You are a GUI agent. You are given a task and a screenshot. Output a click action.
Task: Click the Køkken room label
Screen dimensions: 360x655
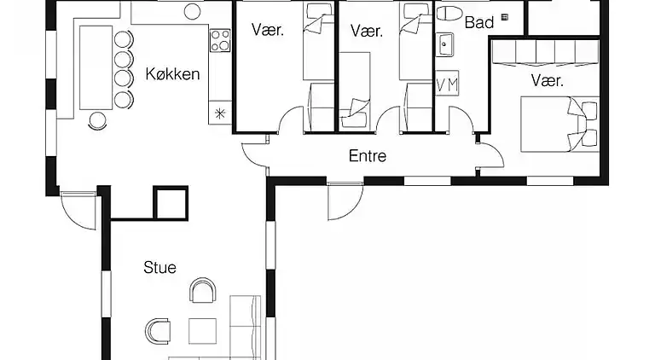(x=172, y=74)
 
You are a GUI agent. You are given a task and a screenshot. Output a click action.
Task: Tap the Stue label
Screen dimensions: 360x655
(x=159, y=268)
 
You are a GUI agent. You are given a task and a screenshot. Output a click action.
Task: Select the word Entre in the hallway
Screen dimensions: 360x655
(x=368, y=156)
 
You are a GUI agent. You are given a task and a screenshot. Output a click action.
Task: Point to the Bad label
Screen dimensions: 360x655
(x=479, y=23)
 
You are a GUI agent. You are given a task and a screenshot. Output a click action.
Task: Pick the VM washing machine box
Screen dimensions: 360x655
(x=447, y=84)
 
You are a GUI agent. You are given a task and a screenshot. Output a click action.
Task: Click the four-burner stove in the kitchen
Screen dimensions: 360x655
(x=220, y=39)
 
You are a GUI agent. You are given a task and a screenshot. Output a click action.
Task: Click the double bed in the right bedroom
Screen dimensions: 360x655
(x=559, y=124)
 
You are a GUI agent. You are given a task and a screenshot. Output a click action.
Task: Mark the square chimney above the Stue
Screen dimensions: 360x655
(x=169, y=203)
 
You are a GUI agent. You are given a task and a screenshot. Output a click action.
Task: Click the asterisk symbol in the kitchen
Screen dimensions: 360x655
(x=220, y=112)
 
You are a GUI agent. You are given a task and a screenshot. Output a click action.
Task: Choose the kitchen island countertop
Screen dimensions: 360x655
(x=96, y=67)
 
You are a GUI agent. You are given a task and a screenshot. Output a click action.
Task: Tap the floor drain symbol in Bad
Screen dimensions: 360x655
(x=505, y=15)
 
